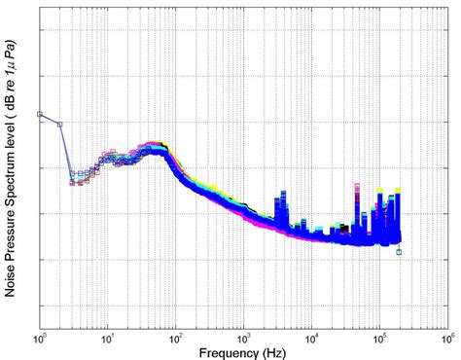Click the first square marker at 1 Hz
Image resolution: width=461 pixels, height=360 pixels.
pos(40,114)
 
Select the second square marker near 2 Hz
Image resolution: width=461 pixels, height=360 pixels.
pos(60,125)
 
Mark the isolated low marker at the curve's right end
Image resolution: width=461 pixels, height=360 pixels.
pos(399,252)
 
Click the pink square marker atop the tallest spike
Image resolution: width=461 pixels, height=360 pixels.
pos(357,184)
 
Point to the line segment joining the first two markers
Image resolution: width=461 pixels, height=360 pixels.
pos(50,119)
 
